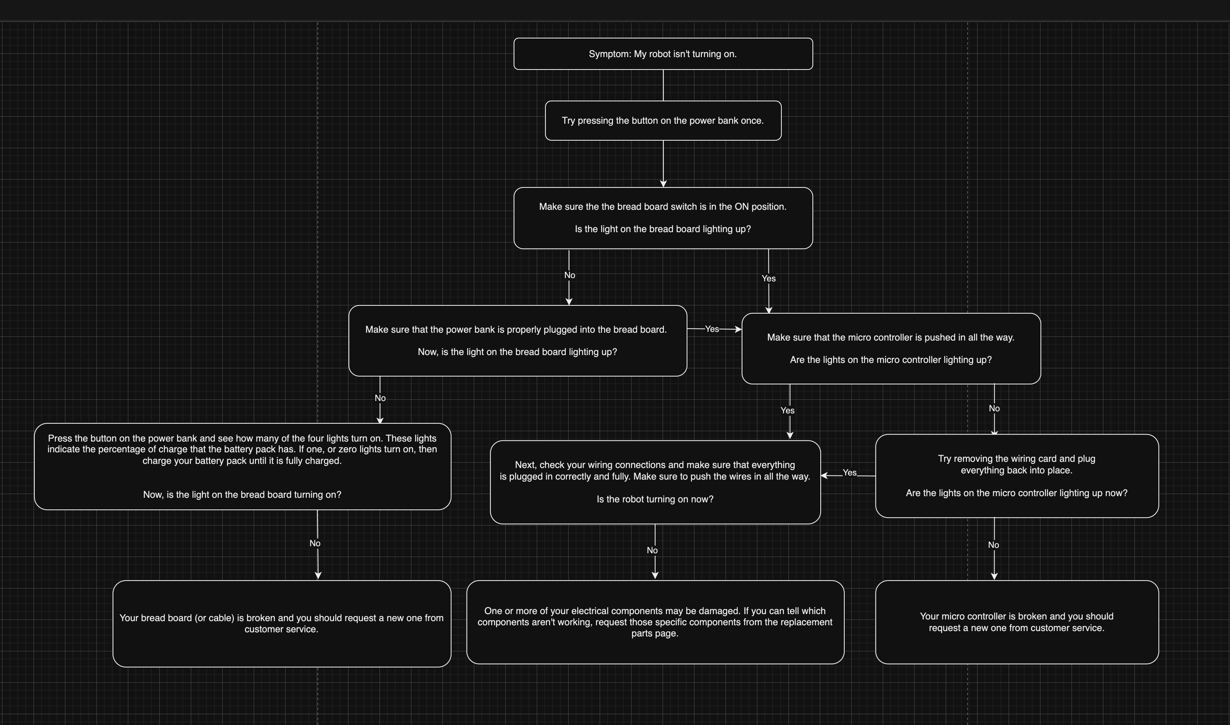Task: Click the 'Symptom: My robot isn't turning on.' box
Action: pos(663,54)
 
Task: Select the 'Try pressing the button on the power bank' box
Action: pos(663,121)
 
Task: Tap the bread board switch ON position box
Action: pos(663,218)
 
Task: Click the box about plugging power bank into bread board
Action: pos(517,341)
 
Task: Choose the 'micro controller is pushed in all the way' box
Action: pos(891,348)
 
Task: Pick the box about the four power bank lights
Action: pos(242,466)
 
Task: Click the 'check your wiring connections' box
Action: pos(655,482)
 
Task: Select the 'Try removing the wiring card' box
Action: pos(1016,475)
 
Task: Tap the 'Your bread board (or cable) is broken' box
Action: pos(281,623)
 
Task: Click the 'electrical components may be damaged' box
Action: pos(655,622)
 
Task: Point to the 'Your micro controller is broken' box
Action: pos(1016,622)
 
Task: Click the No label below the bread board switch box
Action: pos(569,275)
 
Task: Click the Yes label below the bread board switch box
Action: pos(769,278)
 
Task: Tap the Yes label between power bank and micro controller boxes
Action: pos(712,329)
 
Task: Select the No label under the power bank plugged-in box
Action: pos(380,398)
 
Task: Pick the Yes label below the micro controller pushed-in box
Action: pos(788,411)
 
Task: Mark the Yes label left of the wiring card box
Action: pos(850,473)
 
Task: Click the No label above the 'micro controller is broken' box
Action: pos(993,545)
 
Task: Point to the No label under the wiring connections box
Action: pos(652,550)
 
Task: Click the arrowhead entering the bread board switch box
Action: pos(663,184)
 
